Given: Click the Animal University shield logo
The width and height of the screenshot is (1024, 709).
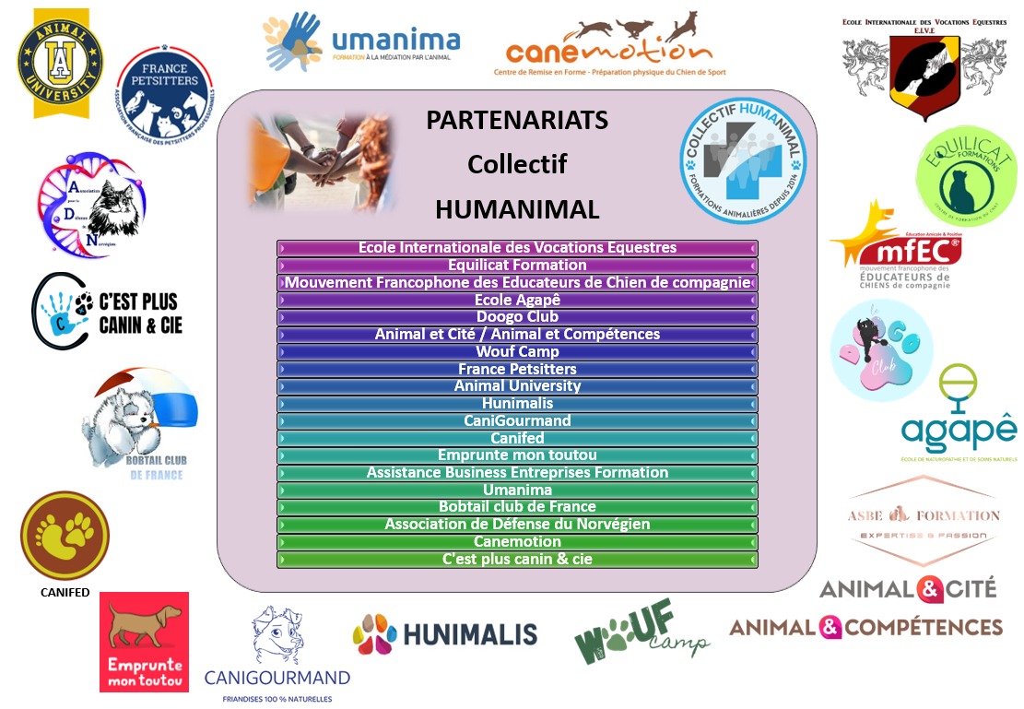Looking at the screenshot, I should pos(61,63).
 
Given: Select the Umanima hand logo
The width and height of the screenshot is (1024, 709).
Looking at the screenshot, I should pos(294,41).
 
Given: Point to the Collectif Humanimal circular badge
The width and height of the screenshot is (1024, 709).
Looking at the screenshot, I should pos(743,148).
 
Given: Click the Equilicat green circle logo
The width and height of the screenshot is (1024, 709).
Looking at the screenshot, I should pos(965,174).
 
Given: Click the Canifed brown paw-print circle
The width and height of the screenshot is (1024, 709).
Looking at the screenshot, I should pos(65,536).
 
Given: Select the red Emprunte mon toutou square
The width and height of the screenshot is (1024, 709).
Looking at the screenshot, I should pos(144,642).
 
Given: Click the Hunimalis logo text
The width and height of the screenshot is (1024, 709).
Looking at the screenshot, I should pos(445,633).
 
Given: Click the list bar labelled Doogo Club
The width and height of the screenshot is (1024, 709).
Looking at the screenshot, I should pos(517,317).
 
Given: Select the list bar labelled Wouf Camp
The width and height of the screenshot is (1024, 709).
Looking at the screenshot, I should pos(517,351).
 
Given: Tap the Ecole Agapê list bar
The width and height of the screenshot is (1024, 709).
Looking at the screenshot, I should pos(517,300).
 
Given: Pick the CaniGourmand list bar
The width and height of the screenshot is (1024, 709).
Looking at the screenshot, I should pos(517,420).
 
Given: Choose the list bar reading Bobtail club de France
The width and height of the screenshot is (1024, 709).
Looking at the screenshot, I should pos(517,506).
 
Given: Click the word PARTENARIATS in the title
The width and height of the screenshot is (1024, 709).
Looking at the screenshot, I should pos(517,121).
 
